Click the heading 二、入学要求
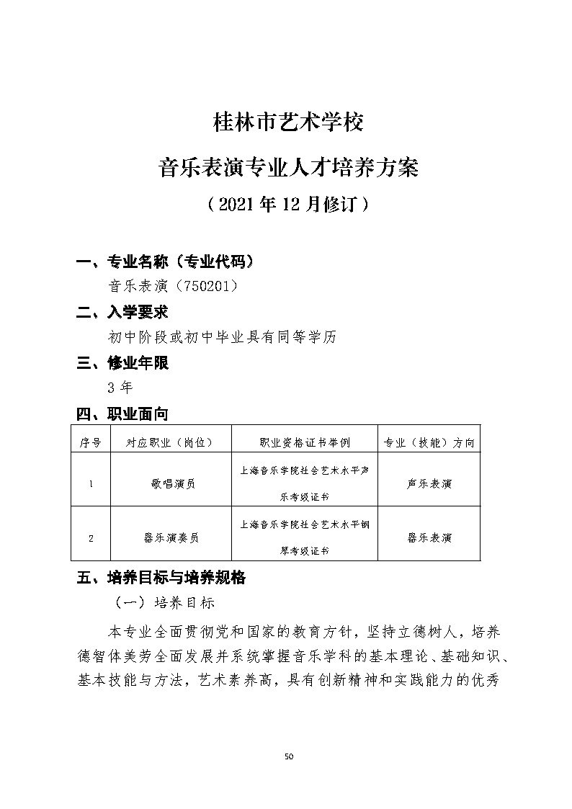click(x=122, y=312)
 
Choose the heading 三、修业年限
click(x=122, y=363)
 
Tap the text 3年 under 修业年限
click(x=120, y=388)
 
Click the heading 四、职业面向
click(x=122, y=414)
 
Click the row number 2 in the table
click(x=90, y=537)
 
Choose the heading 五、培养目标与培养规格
click(x=161, y=578)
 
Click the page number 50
click(x=289, y=756)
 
